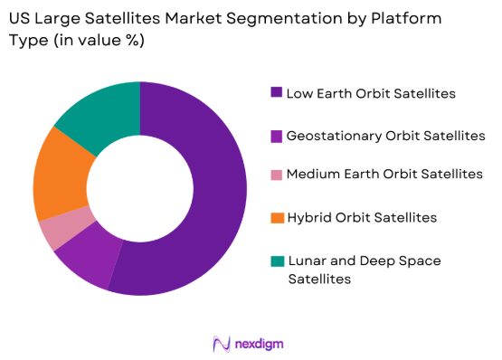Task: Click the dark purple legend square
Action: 275,92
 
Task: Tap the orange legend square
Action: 275,218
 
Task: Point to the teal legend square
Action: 275,261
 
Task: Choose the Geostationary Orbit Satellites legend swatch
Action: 275,135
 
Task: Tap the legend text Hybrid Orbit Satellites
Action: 362,219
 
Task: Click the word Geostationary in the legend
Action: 328,136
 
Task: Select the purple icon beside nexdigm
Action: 220,344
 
